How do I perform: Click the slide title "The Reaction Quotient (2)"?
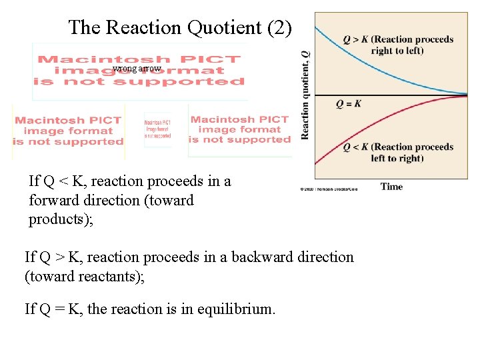180,27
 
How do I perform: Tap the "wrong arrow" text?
137,69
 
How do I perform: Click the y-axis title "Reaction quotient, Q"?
305,95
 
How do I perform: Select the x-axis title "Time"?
391,187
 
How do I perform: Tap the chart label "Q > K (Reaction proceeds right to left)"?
398,45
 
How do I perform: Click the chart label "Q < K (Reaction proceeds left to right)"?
398,153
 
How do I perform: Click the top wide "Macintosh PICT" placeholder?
140,71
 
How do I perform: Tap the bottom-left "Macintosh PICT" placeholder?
68,131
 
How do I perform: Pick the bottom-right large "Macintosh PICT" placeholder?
240,129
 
